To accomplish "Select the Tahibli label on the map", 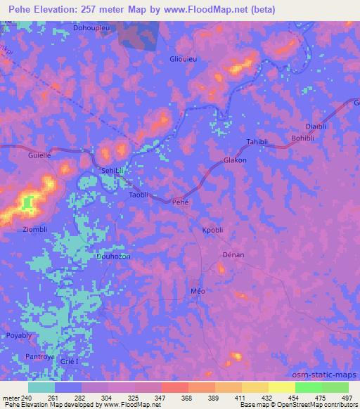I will point(257,141).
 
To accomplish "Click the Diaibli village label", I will point(318,126).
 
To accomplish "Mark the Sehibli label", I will point(113,171).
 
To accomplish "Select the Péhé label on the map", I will point(181,202).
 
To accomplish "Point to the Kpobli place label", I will point(212,229).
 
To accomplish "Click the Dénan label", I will point(233,254).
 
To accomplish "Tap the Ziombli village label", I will point(35,229).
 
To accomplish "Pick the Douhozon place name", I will point(113,257).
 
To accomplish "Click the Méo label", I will point(198,290).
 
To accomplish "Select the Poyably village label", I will point(20,335).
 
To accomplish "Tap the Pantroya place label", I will point(40,357).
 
